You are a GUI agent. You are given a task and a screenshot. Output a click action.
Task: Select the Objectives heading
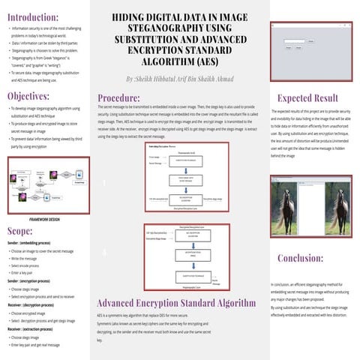pyautogui.click(x=29, y=96)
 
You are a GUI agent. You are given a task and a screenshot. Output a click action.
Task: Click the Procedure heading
pyautogui.click(x=123, y=97)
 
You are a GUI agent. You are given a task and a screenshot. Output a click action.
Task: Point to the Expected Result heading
pyautogui.click(x=307, y=98)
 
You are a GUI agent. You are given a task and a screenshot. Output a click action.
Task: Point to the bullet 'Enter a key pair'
pyautogui.click(x=27, y=273)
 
